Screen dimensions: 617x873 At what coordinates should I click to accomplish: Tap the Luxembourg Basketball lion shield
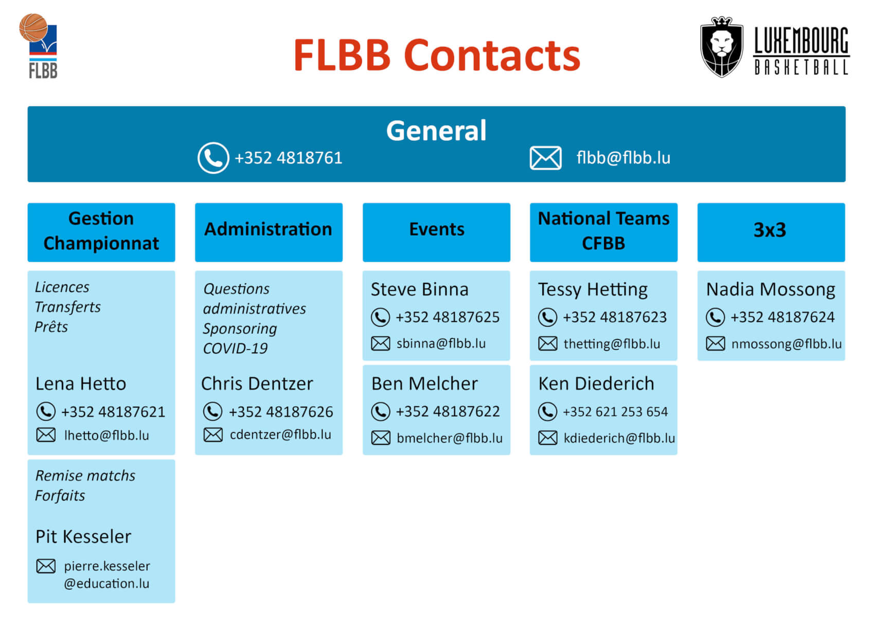tap(721, 47)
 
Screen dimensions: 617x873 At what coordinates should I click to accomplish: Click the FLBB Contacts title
tap(436, 55)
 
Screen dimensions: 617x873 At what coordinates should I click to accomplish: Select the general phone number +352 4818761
tap(288, 158)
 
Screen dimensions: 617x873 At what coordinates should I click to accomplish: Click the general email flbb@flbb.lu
tap(623, 158)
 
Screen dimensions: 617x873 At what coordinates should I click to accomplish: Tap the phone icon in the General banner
tap(213, 158)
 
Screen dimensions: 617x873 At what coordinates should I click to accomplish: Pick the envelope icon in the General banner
tap(545, 158)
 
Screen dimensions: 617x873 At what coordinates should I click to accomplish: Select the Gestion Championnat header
tap(101, 231)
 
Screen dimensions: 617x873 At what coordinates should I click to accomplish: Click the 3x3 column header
tap(770, 230)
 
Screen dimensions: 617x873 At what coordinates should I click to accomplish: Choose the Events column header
tap(436, 229)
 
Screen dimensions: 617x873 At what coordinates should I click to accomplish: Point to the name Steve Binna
tap(419, 289)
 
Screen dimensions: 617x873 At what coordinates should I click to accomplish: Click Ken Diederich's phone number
tap(615, 412)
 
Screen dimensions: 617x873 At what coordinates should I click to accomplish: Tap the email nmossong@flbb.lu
tap(786, 344)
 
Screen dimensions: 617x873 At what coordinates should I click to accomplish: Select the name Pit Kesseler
tap(83, 537)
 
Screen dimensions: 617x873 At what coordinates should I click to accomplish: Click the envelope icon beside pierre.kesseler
tap(46, 566)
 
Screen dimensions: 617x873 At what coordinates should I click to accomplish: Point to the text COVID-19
tap(235, 349)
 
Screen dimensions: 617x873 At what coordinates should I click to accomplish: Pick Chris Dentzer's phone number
tap(281, 412)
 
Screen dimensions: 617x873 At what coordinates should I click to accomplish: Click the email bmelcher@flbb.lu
tap(450, 438)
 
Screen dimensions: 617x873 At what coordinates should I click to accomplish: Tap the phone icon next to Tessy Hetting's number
tap(547, 317)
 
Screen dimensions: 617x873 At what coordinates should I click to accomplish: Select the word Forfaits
tap(60, 496)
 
